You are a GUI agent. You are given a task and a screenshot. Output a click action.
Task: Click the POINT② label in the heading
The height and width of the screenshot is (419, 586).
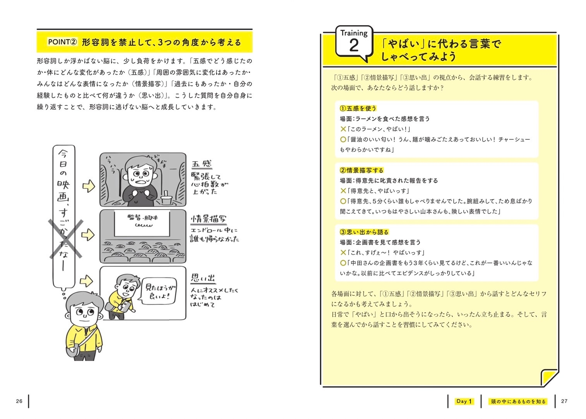[x=62, y=42]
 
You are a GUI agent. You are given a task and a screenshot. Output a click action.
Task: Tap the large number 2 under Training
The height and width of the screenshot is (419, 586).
[x=354, y=45]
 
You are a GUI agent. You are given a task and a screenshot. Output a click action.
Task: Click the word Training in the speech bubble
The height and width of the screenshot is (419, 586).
[x=354, y=33]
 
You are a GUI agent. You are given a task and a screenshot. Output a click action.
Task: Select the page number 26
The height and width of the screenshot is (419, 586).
[x=19, y=401]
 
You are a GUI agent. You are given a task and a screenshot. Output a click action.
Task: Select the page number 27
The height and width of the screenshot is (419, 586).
[x=564, y=401]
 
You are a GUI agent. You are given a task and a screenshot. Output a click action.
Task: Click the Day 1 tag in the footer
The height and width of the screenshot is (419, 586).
[x=464, y=401]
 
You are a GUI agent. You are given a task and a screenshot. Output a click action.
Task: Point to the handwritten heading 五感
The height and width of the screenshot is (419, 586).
[x=201, y=164]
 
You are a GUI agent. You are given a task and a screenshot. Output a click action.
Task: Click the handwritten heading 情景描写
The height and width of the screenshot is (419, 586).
[x=209, y=219]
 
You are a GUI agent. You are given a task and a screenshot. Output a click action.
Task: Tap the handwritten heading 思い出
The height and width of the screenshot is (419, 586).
[x=203, y=278]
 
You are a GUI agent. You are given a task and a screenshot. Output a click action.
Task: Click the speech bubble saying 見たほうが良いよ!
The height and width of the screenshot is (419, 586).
[x=158, y=291]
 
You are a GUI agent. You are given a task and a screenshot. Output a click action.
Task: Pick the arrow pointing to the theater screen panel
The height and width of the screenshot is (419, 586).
[x=88, y=235]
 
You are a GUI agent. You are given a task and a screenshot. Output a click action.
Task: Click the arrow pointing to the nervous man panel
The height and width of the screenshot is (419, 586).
[x=89, y=186]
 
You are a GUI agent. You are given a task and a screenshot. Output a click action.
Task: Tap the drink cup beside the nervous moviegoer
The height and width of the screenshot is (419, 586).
[x=166, y=199]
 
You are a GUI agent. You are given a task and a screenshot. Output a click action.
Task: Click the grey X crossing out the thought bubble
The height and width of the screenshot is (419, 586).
[x=66, y=239]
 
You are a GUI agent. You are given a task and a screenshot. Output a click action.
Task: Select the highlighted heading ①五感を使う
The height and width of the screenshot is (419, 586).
[x=358, y=108]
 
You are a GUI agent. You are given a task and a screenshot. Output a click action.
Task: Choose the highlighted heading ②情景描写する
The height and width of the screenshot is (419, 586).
[x=362, y=170]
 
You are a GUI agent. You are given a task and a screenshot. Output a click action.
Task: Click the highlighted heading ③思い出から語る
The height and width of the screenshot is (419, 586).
[x=364, y=232]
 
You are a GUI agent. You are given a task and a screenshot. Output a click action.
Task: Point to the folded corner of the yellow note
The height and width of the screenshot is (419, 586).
[x=549, y=378]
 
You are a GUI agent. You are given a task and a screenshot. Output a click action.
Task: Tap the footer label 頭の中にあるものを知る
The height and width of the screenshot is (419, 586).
[x=518, y=402]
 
